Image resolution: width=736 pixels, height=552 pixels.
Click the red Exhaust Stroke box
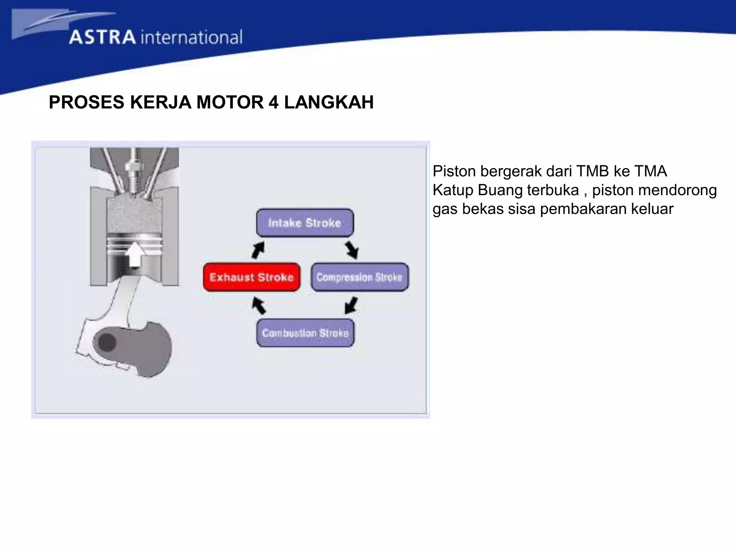point(252,277)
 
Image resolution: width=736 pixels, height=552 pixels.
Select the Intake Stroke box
point(305,223)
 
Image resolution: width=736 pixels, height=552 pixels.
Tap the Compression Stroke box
point(359,277)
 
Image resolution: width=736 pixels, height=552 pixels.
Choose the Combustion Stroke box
point(305,333)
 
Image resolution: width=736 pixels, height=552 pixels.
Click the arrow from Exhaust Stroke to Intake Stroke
point(258,250)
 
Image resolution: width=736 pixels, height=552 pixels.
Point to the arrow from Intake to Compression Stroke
point(352,250)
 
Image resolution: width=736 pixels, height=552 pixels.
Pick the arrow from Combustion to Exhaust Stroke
point(259,305)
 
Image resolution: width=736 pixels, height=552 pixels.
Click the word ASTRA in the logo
point(102,37)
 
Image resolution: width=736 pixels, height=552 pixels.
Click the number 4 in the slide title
point(273,102)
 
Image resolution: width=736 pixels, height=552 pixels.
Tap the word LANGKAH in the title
point(329,102)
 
